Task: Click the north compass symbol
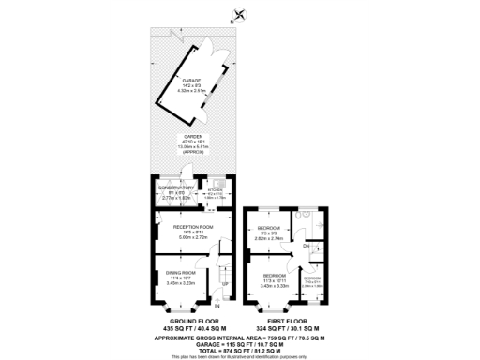pyautogui.click(x=242, y=13)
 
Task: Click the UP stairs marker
pyautogui.click(x=224, y=283)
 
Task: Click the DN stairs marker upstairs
pyautogui.click(x=307, y=246)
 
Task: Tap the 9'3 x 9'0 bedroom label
pyautogui.click(x=270, y=228)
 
